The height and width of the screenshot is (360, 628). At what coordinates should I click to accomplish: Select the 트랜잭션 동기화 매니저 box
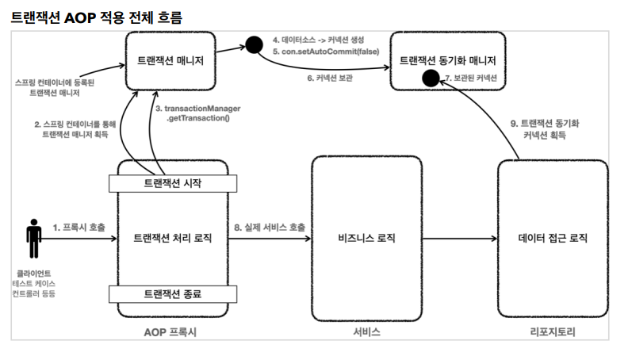pyautogui.click(x=447, y=59)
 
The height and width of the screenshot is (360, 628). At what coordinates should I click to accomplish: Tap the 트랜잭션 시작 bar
pyautogui.click(x=172, y=183)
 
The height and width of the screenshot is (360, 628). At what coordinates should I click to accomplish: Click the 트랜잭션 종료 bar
pyautogui.click(x=172, y=293)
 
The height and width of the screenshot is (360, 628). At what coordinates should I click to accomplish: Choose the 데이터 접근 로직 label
pyautogui.click(x=553, y=238)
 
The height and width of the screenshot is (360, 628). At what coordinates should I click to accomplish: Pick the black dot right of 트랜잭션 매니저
pyautogui.click(x=254, y=45)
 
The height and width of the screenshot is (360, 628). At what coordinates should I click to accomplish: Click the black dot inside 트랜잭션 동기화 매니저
pyautogui.click(x=430, y=78)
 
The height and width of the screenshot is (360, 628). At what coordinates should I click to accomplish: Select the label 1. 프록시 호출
pyautogui.click(x=78, y=227)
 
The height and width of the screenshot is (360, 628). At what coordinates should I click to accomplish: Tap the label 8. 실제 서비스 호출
pyautogui.click(x=269, y=227)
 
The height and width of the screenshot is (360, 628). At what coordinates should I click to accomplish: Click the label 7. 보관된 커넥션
pyautogui.click(x=471, y=79)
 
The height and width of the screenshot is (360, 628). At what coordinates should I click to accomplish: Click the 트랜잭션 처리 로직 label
pyautogui.click(x=172, y=238)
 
